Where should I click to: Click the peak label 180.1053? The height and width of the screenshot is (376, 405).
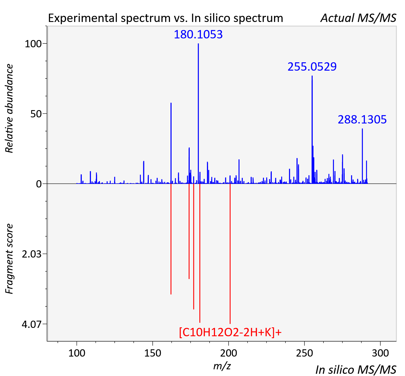(x=198, y=34)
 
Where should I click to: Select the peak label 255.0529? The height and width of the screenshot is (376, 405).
(x=312, y=67)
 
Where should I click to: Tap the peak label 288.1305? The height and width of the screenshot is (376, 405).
(x=362, y=120)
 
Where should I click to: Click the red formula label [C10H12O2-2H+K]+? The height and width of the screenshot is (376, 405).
(x=230, y=332)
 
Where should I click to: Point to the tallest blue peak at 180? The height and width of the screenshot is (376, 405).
(x=198, y=113)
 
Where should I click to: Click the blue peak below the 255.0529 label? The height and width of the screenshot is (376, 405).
(x=312, y=130)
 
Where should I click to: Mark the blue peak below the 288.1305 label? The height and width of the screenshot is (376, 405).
(x=362, y=156)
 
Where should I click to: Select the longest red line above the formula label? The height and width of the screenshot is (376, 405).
(x=230, y=254)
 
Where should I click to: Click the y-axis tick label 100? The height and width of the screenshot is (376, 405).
(x=33, y=44)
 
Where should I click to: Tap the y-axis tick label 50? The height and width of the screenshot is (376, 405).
(x=36, y=114)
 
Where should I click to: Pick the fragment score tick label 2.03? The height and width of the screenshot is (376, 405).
(x=31, y=254)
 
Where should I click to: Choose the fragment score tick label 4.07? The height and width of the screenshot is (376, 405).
(x=31, y=325)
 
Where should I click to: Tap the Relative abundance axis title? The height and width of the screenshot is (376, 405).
(x=9, y=108)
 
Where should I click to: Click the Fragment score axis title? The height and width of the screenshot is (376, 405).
(x=9, y=259)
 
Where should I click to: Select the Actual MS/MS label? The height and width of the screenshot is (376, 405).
(x=358, y=18)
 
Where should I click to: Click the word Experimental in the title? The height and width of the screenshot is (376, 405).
(x=83, y=18)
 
